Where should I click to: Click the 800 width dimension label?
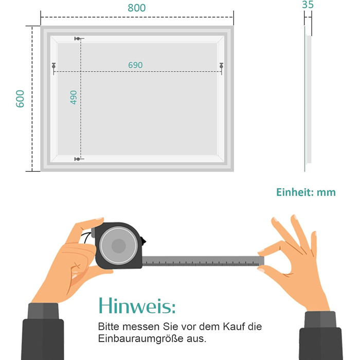click(137, 8)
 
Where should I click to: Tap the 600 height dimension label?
click(20, 99)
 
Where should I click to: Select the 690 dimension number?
click(135, 65)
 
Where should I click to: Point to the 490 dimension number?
click(74, 97)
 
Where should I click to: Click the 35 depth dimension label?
click(308, 5)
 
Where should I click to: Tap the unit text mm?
click(326, 193)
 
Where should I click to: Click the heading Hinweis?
click(137, 305)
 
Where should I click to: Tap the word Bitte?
click(109, 326)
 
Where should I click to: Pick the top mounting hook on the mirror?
click(78, 39)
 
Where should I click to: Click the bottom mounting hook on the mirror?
click(78, 159)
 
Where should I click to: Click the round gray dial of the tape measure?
click(119, 245)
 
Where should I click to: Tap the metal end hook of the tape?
click(261, 261)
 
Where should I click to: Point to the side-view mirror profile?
click(308, 99)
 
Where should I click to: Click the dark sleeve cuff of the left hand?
click(43, 311)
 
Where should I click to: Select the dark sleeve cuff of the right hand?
click(320, 319)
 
